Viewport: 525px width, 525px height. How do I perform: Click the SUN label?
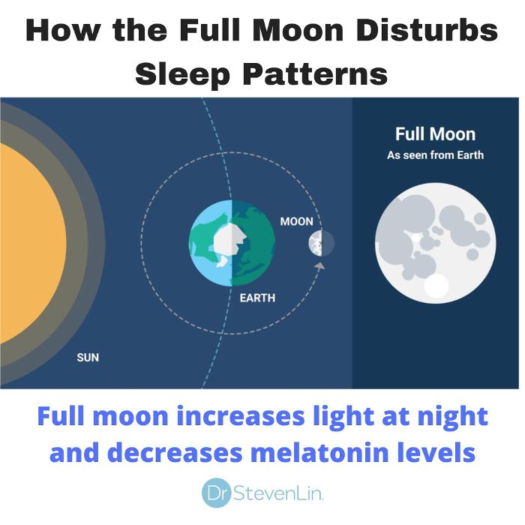tap(88, 358)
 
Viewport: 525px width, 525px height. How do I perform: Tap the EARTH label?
tap(257, 298)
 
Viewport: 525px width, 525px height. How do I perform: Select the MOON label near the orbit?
tap(297, 221)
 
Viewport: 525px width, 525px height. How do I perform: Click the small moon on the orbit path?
tap(321, 243)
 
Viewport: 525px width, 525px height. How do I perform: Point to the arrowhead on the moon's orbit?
tap(319, 266)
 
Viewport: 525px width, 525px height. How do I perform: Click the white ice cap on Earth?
tap(229, 241)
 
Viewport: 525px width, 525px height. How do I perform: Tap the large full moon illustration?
tap(435, 243)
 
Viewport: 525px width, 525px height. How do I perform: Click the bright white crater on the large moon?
tap(436, 286)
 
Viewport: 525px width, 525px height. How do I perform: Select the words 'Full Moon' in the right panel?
tap(435, 134)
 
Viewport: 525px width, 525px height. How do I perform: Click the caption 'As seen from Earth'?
tap(435, 155)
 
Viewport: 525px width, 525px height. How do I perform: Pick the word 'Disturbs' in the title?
tap(427, 30)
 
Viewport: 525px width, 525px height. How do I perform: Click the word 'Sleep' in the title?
tap(182, 75)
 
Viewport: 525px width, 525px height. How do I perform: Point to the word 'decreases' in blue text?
tap(175, 452)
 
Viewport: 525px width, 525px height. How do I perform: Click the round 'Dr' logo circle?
tap(217, 493)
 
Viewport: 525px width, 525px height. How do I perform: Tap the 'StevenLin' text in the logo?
tap(278, 493)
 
